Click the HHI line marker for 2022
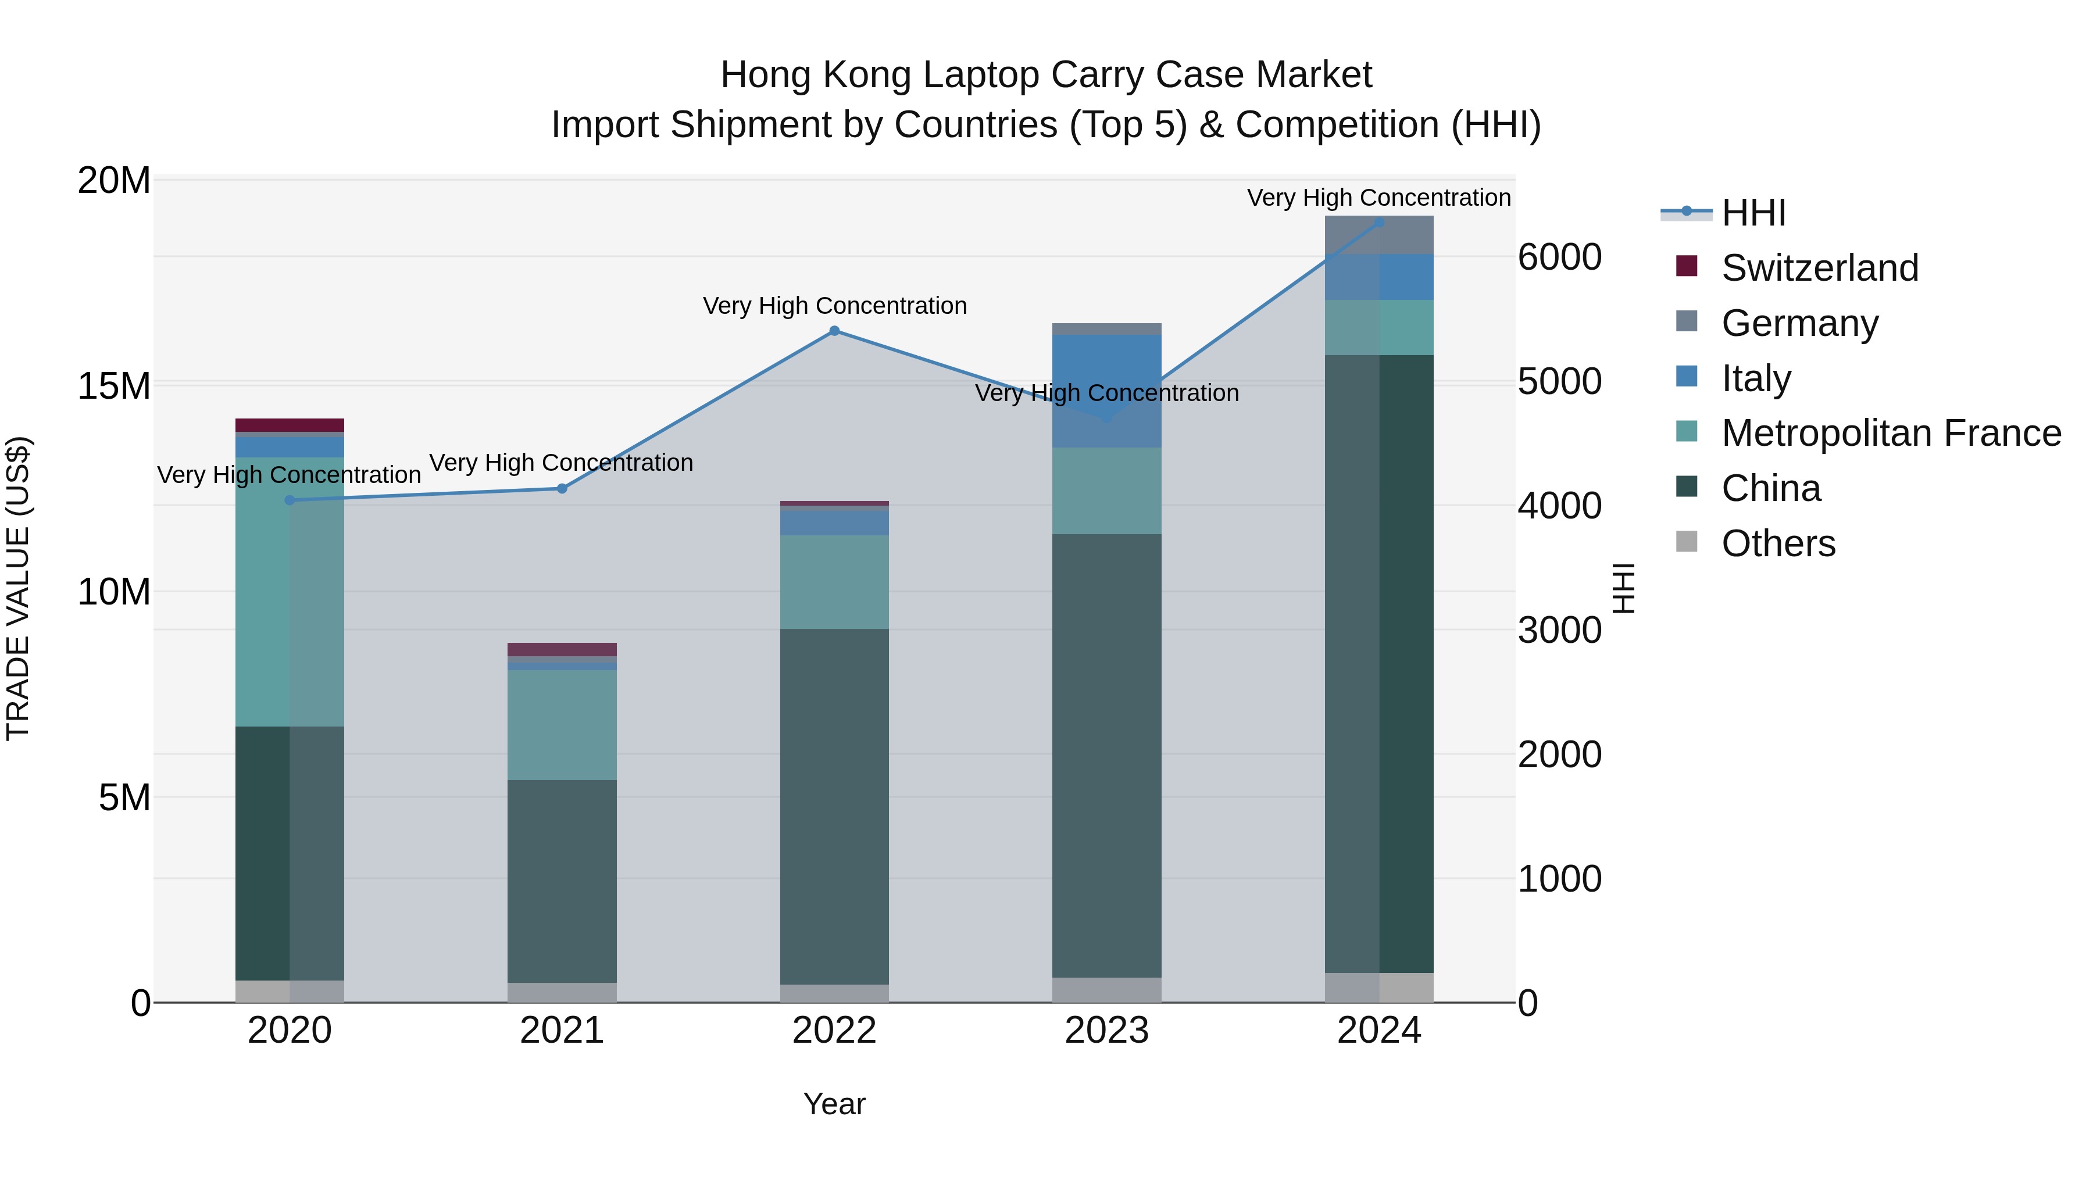(834, 331)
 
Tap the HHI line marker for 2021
(562, 488)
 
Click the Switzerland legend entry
(1819, 268)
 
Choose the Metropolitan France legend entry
(1891, 433)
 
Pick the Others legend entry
(1778, 543)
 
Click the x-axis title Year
(834, 1104)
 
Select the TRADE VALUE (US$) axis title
(18, 588)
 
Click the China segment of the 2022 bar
(834, 804)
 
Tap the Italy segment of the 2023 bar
(1106, 390)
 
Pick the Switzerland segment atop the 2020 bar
(290, 425)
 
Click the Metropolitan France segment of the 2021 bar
(562, 725)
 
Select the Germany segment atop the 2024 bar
(1379, 235)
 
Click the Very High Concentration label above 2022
(834, 306)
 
